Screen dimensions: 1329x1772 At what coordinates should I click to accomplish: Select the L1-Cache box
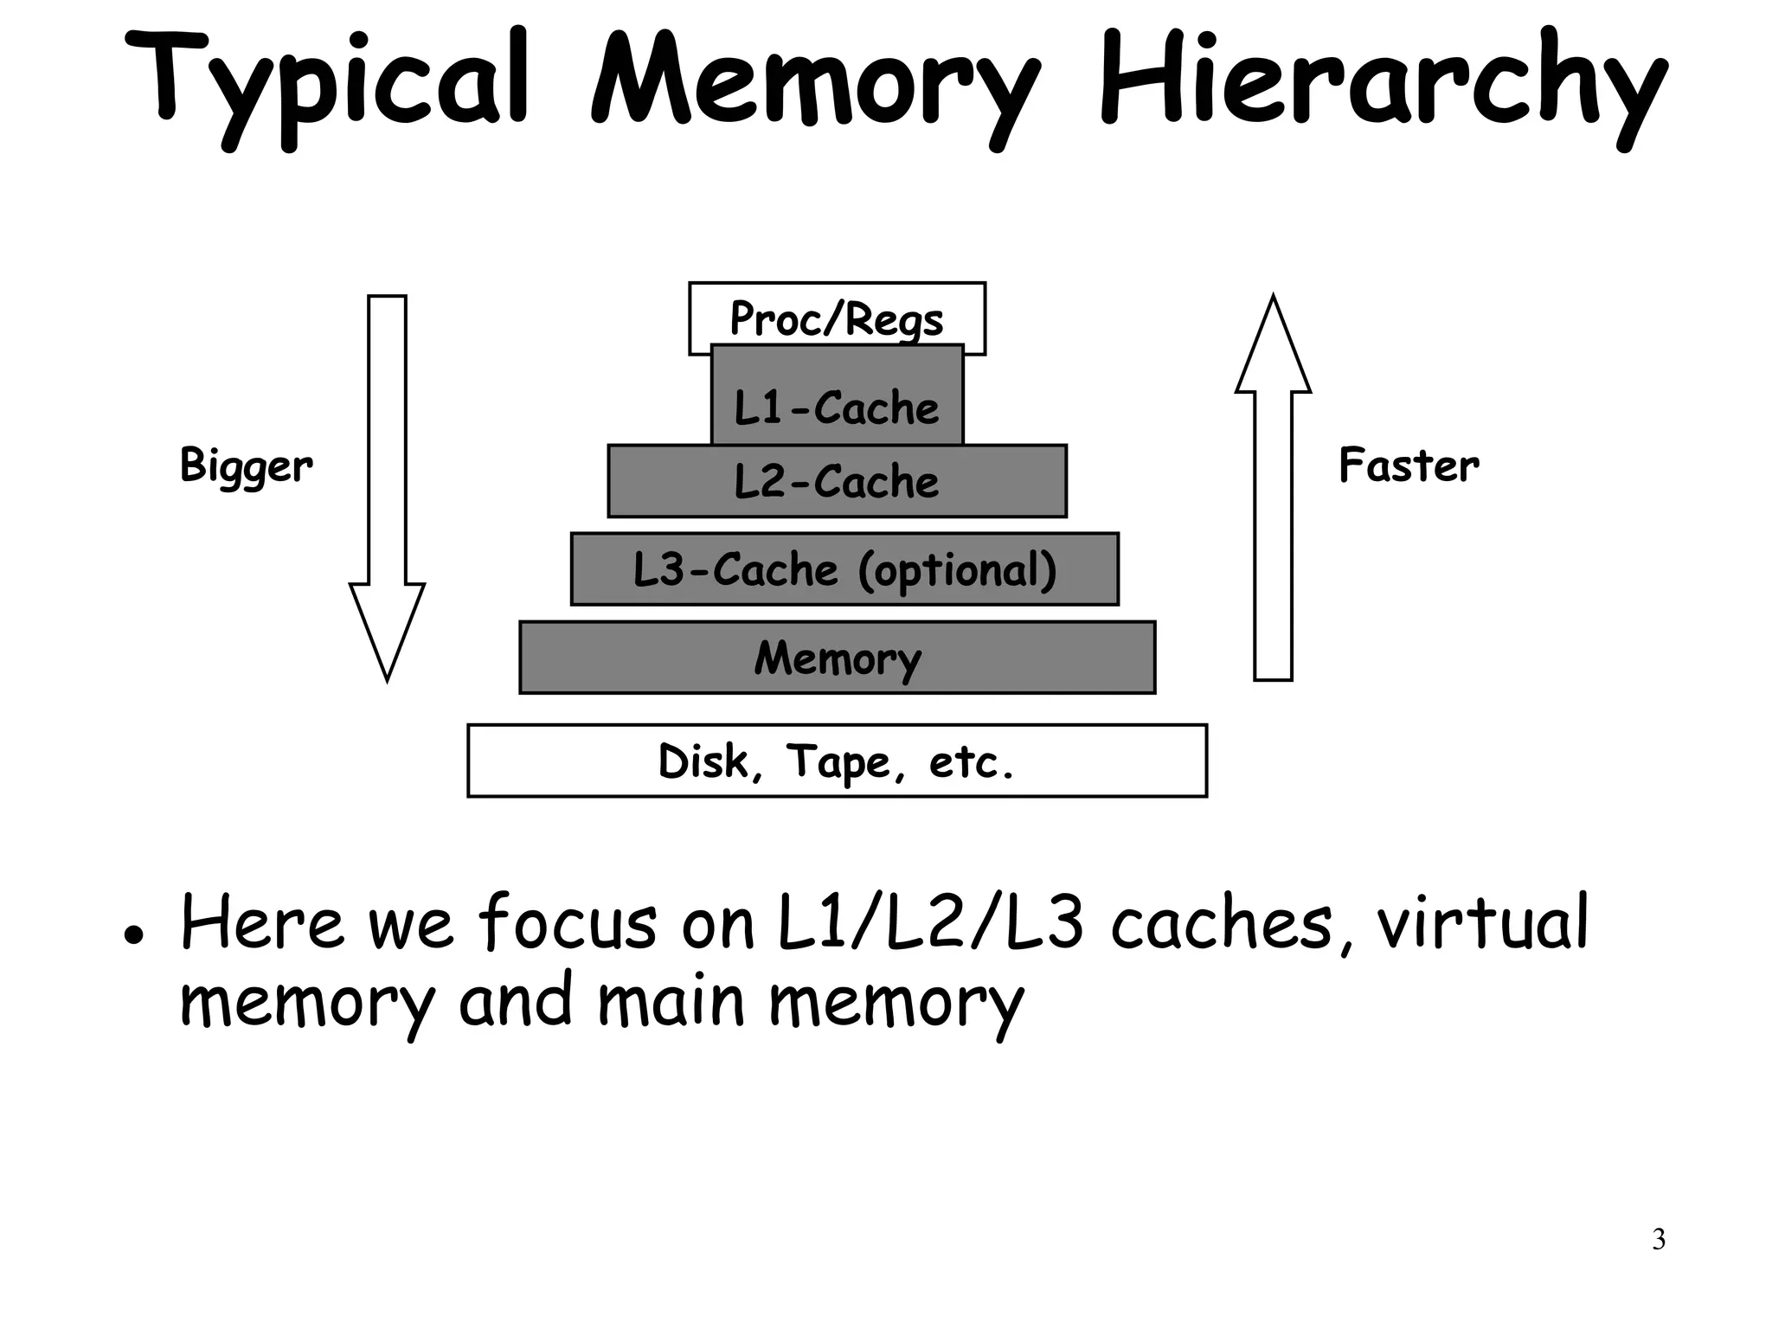pos(837,407)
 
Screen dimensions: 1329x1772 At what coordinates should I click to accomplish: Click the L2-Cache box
pos(837,481)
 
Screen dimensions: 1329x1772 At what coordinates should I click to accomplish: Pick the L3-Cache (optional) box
pos(844,569)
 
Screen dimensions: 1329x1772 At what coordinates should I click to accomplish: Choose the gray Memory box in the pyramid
pos(837,658)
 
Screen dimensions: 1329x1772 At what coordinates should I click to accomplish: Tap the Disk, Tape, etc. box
pos(837,761)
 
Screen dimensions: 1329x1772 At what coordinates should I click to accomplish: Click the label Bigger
pos(246,465)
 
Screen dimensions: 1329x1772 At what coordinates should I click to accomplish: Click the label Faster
pos(1409,465)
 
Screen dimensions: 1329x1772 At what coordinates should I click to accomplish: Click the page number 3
pos(1658,1239)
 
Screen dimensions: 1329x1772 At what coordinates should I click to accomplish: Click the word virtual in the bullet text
pos(1482,922)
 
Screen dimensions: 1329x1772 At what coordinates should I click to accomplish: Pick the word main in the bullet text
pos(671,1000)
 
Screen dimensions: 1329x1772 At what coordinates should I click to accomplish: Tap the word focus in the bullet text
pos(567,922)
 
